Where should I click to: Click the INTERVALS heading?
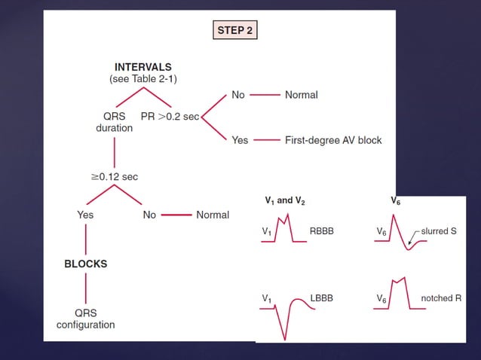click(143, 67)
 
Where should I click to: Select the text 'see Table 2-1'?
click(143, 78)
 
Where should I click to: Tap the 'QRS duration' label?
click(115, 122)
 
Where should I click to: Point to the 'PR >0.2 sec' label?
click(170, 117)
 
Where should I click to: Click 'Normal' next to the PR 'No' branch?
click(301, 95)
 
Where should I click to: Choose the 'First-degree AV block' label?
click(333, 140)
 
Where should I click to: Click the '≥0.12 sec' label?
click(115, 176)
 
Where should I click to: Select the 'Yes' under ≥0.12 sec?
click(86, 215)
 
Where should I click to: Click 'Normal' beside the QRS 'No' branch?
click(212, 215)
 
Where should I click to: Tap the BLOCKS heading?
click(85, 264)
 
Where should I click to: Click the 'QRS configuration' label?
click(85, 319)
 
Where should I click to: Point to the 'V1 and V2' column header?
click(285, 201)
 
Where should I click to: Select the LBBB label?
click(321, 298)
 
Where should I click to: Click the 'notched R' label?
click(441, 298)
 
